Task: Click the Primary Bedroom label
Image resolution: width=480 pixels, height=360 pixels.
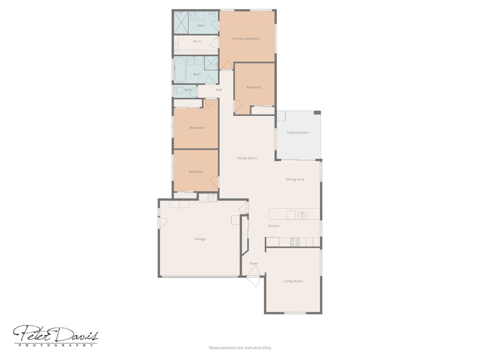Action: click(246, 39)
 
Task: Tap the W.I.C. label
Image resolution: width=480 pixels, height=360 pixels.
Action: click(197, 42)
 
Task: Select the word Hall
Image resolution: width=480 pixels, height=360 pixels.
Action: click(219, 90)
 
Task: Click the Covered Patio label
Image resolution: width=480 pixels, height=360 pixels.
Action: click(298, 133)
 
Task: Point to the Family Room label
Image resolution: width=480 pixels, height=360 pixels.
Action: click(247, 158)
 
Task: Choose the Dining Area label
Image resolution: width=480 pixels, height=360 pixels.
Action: click(295, 180)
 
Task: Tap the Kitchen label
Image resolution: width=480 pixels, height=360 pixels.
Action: click(274, 226)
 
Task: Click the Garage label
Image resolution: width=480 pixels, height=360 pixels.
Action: click(200, 239)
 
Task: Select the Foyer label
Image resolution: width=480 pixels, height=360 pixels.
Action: click(254, 263)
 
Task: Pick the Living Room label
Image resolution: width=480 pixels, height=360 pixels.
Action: click(293, 281)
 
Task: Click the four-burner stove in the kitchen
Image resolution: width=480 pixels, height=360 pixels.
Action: click(294, 242)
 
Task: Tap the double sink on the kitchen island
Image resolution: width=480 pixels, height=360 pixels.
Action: click(302, 215)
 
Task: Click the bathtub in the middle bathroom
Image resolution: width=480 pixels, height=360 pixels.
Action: click(180, 70)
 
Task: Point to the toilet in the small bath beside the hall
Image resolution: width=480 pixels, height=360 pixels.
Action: click(179, 90)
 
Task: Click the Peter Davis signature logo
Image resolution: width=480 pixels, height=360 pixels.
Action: click(55, 335)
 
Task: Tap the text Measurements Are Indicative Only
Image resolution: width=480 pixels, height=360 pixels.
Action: click(240, 348)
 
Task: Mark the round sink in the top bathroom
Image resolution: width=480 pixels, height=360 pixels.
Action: click(202, 15)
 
